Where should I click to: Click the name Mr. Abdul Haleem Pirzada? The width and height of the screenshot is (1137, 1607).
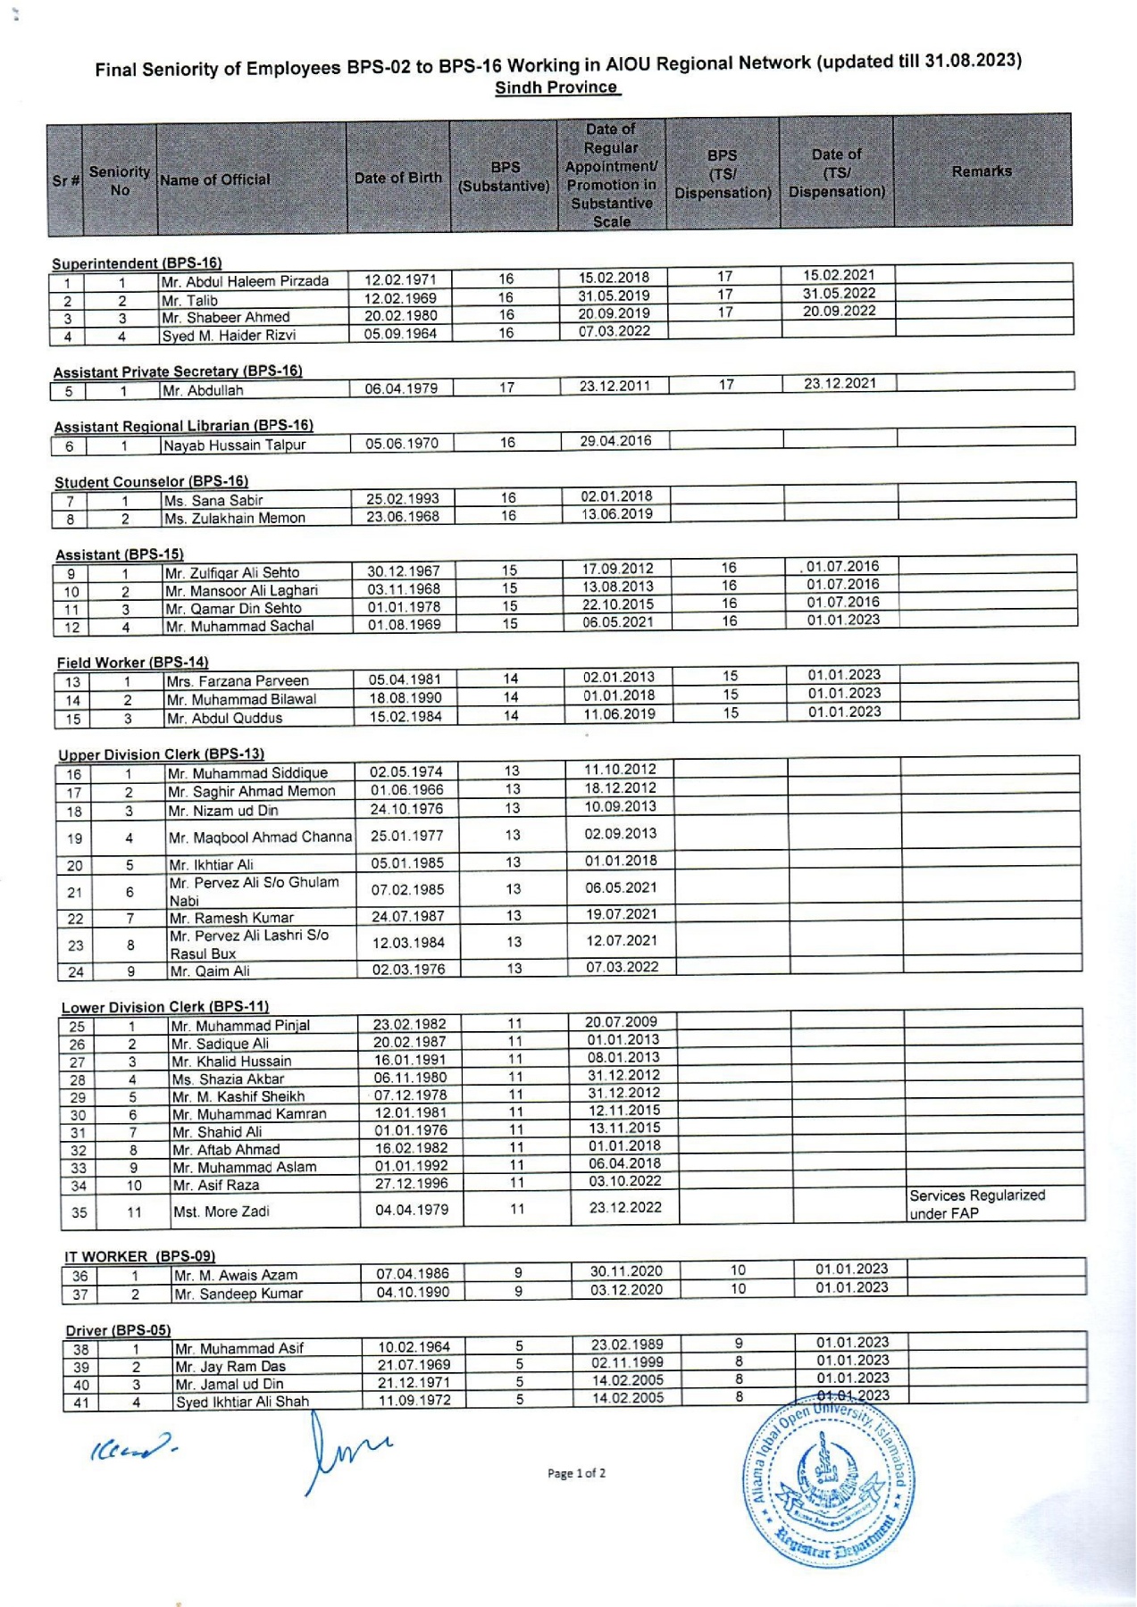point(245,281)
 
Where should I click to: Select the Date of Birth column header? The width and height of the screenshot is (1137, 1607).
point(397,178)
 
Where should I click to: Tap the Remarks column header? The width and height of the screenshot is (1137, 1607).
point(982,171)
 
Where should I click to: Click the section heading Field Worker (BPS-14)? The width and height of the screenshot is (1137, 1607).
point(132,662)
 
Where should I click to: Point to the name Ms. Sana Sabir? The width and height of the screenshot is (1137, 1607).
point(213,500)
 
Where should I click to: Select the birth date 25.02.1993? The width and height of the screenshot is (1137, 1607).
point(403,498)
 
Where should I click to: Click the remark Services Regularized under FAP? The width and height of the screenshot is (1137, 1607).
point(976,1204)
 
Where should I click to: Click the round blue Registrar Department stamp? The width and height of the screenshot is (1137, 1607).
point(829,1486)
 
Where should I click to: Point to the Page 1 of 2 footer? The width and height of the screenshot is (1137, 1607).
point(576,1473)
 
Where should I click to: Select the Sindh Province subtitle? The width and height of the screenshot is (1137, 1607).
point(556,87)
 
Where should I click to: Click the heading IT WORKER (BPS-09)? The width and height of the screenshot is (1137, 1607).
point(139,1256)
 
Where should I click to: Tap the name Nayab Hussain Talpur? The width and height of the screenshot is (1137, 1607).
point(234,445)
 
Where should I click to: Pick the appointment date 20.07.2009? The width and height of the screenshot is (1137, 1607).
point(622,1021)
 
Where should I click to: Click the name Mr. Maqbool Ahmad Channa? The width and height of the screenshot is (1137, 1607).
point(260,837)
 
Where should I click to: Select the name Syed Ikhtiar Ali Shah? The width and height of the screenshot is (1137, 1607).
point(242,1402)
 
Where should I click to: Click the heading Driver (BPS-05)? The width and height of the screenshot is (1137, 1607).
point(118,1330)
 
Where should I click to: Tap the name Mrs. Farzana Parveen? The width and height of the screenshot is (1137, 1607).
point(237,681)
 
